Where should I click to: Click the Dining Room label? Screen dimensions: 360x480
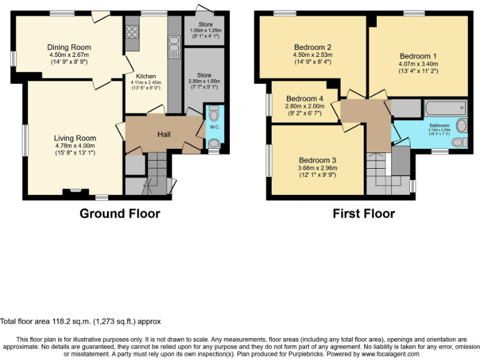[x=69, y=47]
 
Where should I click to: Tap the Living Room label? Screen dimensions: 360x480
[x=74, y=138]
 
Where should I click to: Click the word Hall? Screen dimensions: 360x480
[x=164, y=134]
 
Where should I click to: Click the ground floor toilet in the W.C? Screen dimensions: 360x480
[x=214, y=114]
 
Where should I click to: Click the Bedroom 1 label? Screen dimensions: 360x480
[x=418, y=56]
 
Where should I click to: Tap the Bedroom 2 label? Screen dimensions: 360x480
[x=312, y=47]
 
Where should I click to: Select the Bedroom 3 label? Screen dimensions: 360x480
[x=317, y=159]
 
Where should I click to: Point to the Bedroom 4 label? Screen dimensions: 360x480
[x=304, y=99]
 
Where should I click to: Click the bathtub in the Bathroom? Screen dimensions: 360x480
[x=444, y=108]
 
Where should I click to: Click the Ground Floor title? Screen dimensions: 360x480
[x=119, y=214]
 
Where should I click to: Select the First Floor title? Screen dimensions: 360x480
[x=363, y=214]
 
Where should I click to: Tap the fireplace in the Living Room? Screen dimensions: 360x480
[x=75, y=192]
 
